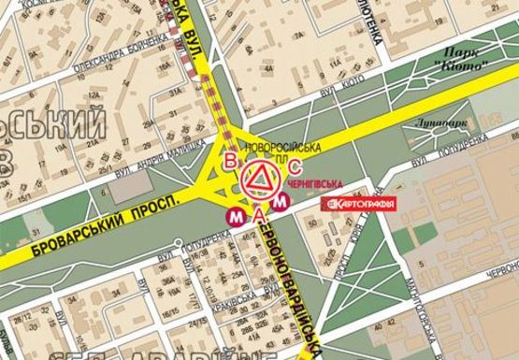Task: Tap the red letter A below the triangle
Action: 259,215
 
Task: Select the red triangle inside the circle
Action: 260,178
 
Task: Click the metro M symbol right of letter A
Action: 280,201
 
